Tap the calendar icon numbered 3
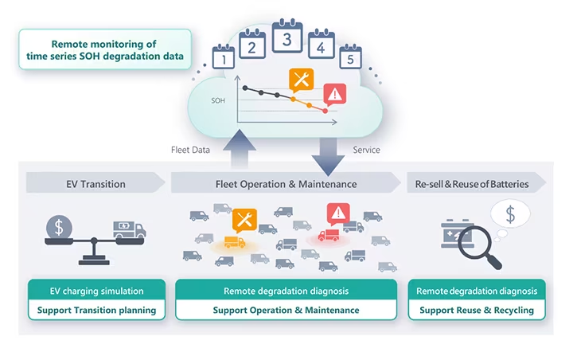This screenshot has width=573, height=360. click(287, 37)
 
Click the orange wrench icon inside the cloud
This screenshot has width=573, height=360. click(301, 80)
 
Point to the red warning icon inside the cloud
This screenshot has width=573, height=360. click(336, 94)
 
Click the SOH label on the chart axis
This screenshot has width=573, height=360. click(218, 102)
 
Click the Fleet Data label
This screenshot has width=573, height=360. click(190, 149)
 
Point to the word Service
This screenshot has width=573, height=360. click(366, 149)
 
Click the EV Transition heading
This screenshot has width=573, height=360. click(95, 183)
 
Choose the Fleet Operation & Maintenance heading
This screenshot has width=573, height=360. click(286, 183)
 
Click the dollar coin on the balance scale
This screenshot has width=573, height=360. click(59, 226)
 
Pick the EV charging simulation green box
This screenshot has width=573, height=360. click(96, 291)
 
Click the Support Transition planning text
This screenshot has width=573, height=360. click(96, 309)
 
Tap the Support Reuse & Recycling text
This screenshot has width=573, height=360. click(477, 309)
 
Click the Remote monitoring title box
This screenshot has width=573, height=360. click(105, 50)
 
